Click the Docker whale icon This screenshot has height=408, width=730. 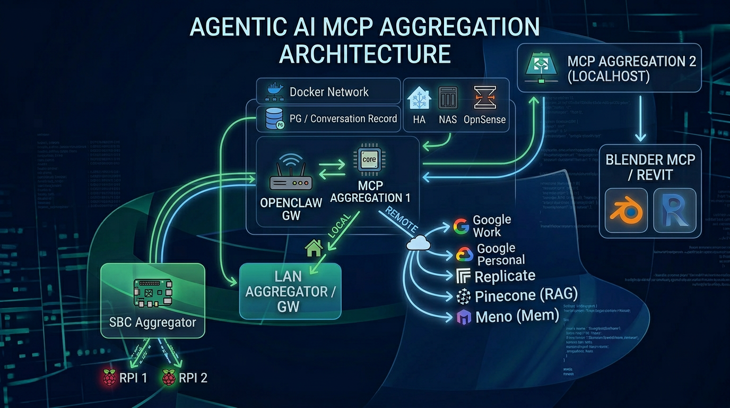[x=275, y=91]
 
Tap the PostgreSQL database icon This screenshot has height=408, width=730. [x=274, y=118]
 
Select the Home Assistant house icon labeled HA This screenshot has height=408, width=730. [x=419, y=98]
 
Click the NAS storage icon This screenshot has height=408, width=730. [x=448, y=98]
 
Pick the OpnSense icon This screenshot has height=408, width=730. [x=485, y=98]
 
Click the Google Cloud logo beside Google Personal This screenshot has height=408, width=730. [x=464, y=254]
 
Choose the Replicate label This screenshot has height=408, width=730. [x=505, y=276]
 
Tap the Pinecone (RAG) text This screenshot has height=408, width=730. [x=526, y=296]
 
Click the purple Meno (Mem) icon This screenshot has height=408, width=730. [x=464, y=317]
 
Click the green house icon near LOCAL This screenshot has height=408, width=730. [x=314, y=247]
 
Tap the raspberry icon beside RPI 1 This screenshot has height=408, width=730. [x=109, y=378]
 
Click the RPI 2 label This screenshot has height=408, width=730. [x=193, y=378]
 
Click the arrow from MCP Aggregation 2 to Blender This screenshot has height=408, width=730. [x=640, y=119]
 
